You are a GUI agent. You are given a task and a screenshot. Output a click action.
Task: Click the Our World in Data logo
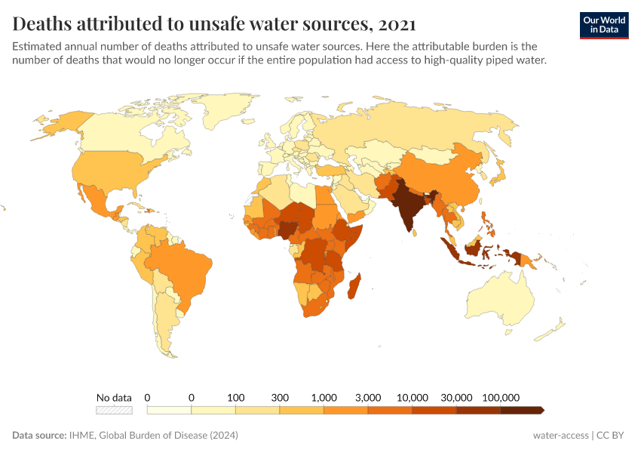coord(604,25)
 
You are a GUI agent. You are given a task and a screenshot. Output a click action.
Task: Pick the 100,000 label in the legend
coord(501,397)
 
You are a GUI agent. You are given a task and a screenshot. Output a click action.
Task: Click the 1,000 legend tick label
coord(324,397)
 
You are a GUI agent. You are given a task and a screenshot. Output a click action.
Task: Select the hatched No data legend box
coord(114,410)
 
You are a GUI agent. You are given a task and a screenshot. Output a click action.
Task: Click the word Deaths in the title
coord(45,23)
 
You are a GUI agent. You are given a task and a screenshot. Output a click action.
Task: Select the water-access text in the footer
coord(561,436)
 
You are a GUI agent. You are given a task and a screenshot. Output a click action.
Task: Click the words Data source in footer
coord(41,436)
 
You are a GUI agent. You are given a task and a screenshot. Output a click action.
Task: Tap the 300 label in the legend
coord(279,397)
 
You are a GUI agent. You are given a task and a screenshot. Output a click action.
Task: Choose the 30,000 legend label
coord(456,397)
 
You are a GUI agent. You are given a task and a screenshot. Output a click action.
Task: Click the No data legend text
coord(114,397)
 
